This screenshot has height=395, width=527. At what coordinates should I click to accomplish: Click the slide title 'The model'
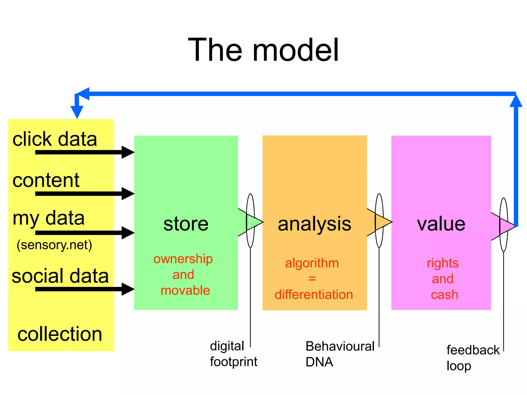pos(263,50)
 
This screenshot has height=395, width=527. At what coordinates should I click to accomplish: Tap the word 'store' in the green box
pos(186,224)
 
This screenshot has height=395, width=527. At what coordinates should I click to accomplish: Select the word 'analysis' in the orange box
pos(314,224)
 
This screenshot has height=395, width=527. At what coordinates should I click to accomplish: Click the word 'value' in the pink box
pos(441,224)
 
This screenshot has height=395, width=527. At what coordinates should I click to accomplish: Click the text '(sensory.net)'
pos(54,245)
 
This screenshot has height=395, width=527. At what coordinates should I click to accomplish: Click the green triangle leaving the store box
pos(253,222)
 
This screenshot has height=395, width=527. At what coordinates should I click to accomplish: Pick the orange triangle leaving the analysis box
pos(382,222)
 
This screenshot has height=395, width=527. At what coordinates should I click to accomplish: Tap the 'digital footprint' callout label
pos(233,354)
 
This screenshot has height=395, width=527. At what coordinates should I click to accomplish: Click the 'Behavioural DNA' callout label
pos(340,354)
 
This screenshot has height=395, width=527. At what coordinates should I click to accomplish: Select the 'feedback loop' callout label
pos(472,357)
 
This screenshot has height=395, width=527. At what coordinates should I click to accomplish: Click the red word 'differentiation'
pos(314,294)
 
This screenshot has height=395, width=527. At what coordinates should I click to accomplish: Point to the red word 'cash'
pos(444,294)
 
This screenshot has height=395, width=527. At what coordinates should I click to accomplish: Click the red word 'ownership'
pos(183,259)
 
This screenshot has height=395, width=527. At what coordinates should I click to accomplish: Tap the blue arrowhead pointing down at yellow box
pos(77,112)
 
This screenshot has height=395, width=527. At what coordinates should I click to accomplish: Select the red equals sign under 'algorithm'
pos(312,279)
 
